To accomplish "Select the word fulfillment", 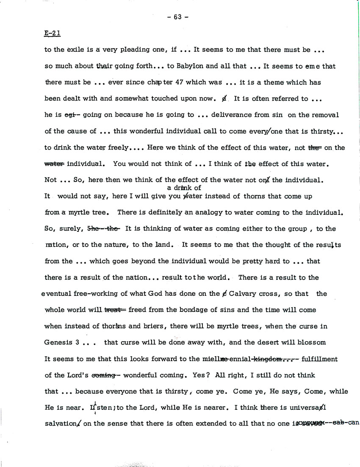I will [319, 359].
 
